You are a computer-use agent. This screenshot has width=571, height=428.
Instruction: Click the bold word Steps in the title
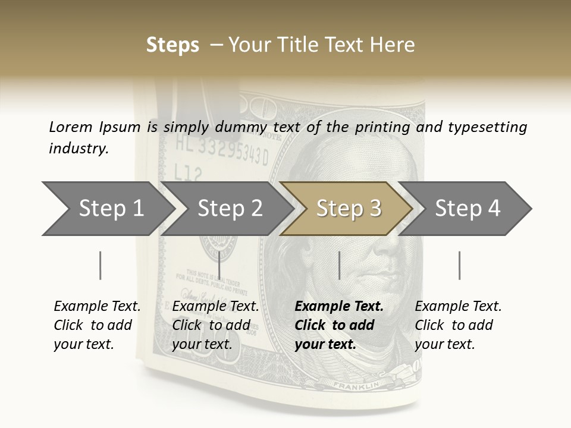coord(172,45)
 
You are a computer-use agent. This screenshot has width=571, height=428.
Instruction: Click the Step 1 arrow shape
coord(107,209)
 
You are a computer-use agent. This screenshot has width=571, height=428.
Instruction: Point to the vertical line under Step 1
coord(101,265)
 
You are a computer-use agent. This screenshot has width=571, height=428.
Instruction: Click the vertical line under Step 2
coord(220,265)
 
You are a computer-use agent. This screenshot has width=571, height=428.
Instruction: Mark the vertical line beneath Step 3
coord(340,265)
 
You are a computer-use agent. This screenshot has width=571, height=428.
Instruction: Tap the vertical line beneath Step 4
coord(459,265)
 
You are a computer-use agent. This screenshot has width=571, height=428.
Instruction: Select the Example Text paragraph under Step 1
coord(96,325)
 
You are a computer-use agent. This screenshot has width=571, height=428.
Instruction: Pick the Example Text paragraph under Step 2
coord(215,325)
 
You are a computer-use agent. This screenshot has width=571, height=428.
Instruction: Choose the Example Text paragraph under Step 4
coord(457,325)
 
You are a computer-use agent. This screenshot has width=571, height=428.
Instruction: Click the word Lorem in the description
coord(71,127)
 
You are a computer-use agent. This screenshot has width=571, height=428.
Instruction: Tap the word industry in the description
coord(79,148)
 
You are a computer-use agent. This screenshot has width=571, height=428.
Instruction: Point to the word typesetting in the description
coord(487,128)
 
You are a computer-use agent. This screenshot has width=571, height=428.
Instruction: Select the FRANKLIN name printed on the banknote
coord(356,386)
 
